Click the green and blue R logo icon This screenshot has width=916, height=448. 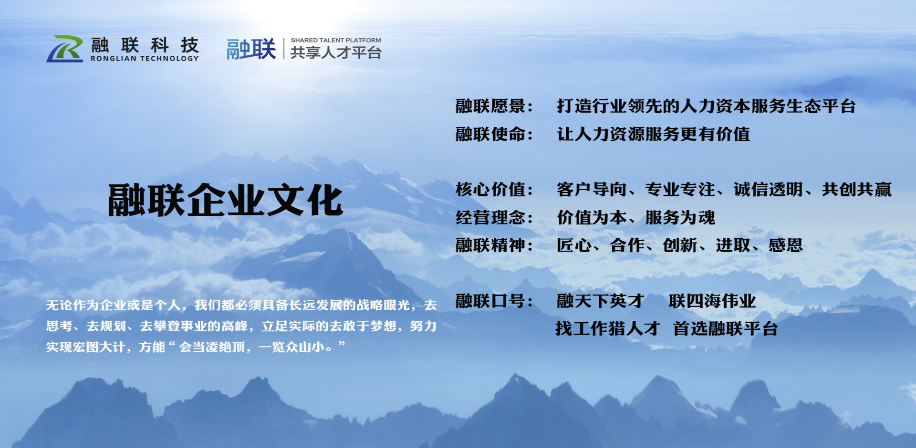[x=65, y=49]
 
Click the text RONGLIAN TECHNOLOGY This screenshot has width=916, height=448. [x=145, y=59]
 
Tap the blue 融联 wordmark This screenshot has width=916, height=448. [x=251, y=49]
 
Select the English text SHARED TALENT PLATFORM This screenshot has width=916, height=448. [x=336, y=41]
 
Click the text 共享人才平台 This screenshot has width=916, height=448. [x=336, y=52]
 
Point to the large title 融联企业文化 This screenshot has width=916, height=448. [x=225, y=200]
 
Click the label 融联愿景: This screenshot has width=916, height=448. [x=494, y=106]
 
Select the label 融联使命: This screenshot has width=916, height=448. [x=494, y=134]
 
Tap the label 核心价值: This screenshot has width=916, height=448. [x=494, y=189]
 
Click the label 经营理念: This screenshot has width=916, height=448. [x=494, y=217]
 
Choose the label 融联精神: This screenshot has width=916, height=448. [x=494, y=245]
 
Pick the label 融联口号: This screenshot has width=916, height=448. [x=494, y=301]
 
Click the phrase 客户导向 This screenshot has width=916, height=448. [x=592, y=189]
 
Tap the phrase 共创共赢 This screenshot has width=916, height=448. [x=857, y=189]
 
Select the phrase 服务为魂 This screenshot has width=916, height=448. [x=680, y=217]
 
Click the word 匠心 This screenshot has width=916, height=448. [x=574, y=245]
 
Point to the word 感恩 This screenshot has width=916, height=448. [x=786, y=245]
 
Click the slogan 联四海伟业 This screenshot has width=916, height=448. [x=712, y=301]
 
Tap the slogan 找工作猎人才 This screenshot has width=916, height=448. [x=608, y=328]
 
